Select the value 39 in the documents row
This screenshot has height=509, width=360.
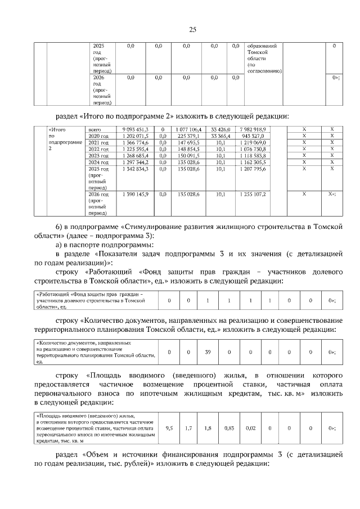[x=208, y=352]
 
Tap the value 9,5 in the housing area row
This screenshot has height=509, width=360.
[x=169, y=428]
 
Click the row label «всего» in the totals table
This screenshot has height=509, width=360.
[x=96, y=129]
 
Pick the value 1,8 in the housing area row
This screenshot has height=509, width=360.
[x=208, y=428]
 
